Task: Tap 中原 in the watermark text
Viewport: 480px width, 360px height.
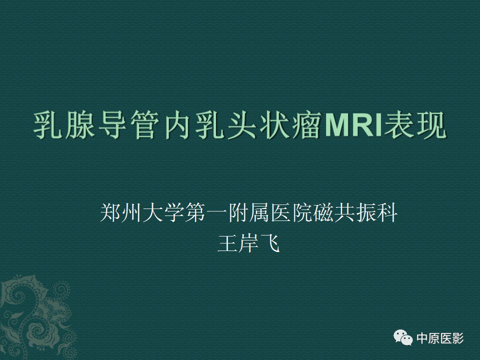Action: [428, 338]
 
